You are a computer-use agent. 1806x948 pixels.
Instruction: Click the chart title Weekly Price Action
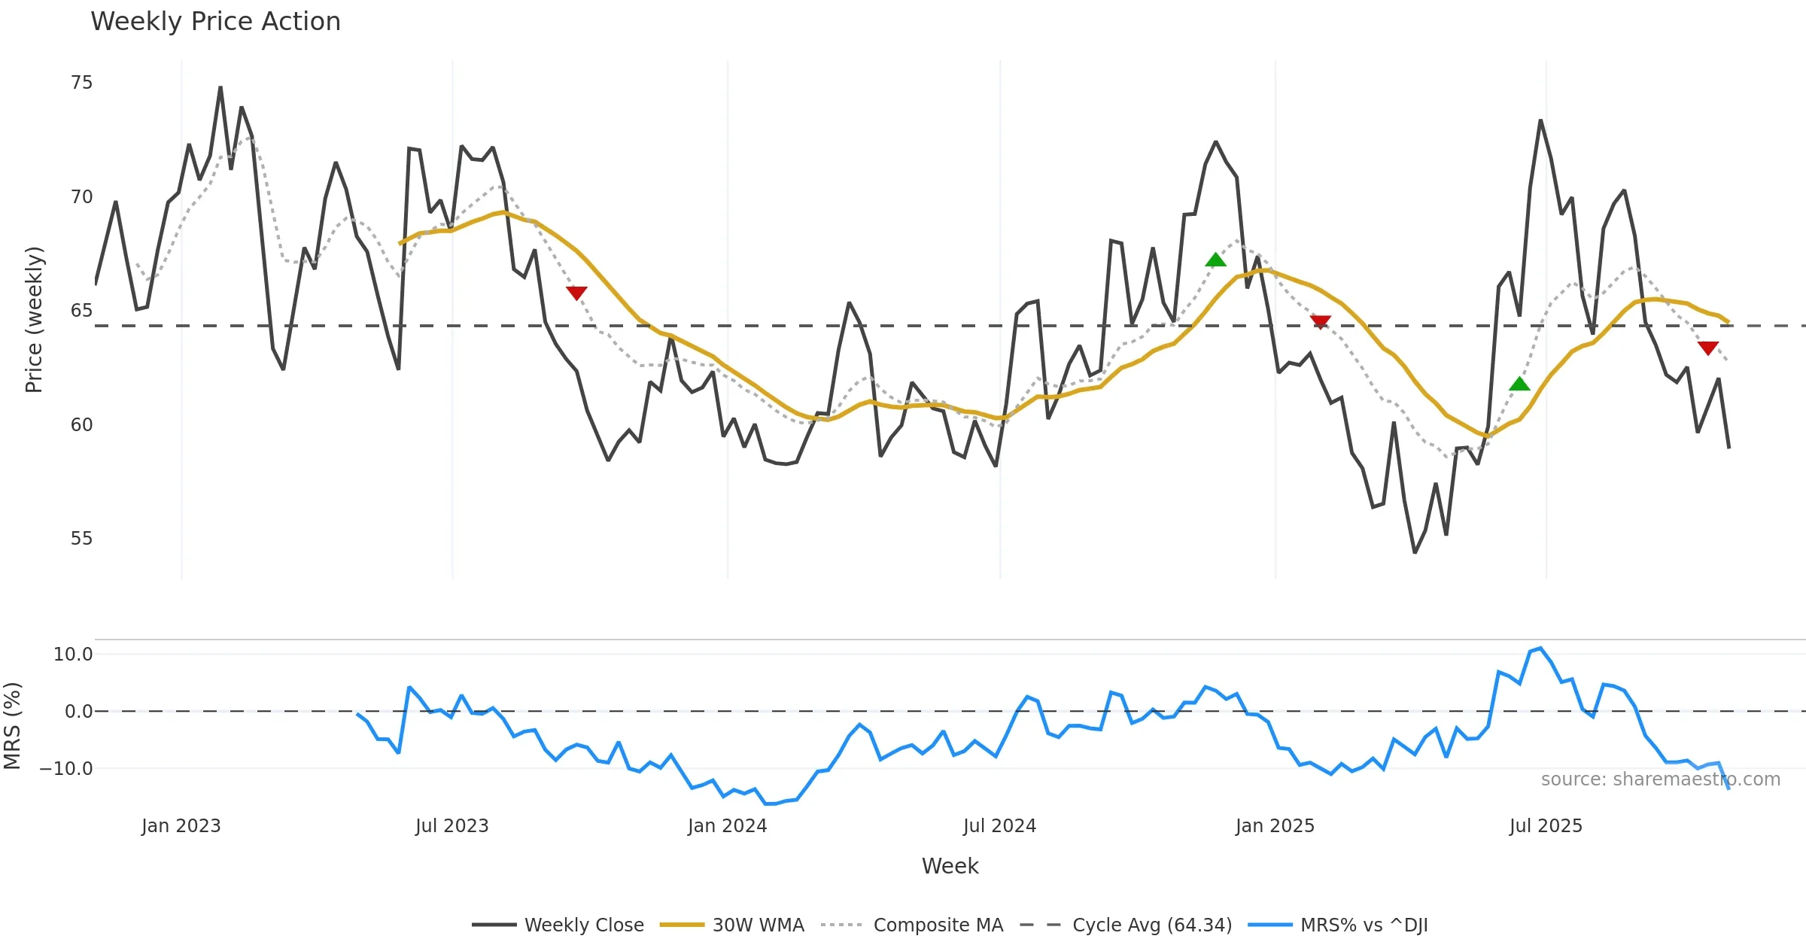[215, 22]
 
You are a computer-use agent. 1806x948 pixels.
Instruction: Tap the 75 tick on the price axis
[81, 83]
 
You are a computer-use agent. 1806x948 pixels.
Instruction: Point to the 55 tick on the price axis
[81, 539]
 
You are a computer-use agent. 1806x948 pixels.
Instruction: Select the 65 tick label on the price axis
[81, 311]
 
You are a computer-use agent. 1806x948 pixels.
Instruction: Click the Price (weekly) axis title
[35, 320]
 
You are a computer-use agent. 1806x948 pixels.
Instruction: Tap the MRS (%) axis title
[13, 725]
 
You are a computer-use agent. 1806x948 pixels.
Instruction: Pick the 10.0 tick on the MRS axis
[73, 655]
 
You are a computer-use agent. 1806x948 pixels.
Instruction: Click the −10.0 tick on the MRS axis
[66, 769]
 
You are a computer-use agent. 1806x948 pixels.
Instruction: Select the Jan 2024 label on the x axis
[727, 826]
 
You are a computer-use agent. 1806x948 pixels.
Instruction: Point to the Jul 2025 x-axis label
[1546, 826]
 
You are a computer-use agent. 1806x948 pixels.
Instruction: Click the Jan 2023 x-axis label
[181, 826]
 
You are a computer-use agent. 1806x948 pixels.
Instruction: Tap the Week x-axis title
[950, 867]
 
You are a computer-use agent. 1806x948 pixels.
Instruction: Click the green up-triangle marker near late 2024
[1215, 260]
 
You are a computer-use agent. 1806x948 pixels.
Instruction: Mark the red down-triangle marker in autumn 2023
[576, 293]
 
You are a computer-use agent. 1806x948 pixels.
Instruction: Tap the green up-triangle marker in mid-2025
[1519, 384]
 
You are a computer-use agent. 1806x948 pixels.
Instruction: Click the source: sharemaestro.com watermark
[1660, 779]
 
